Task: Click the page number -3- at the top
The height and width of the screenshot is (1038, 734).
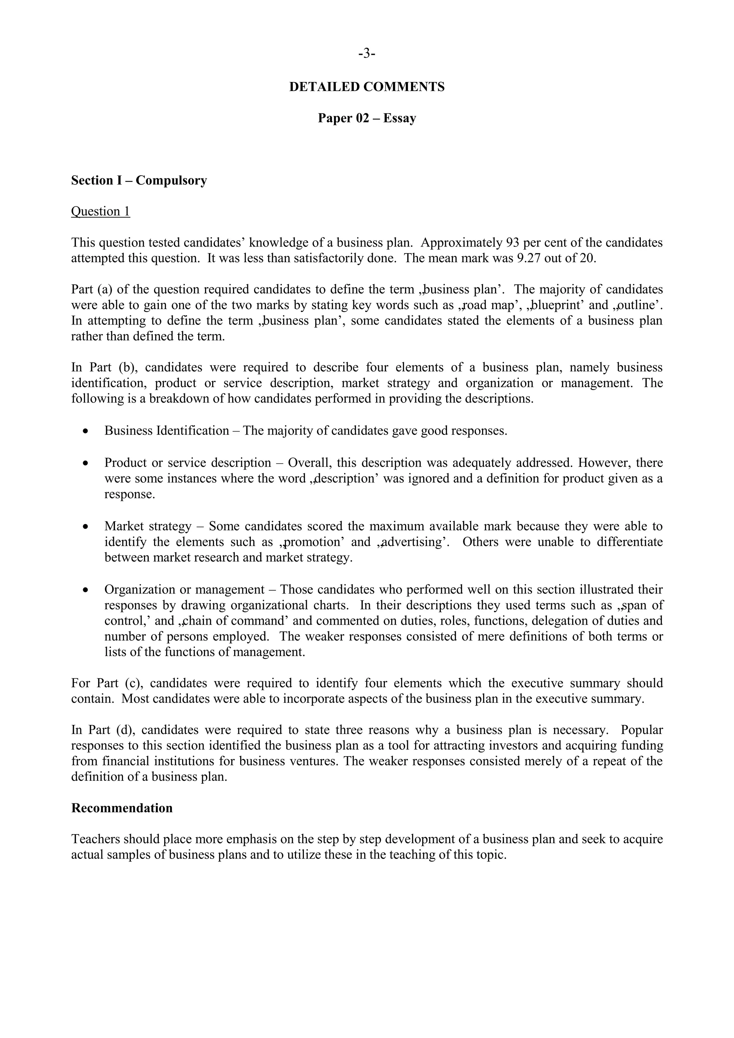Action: (367, 54)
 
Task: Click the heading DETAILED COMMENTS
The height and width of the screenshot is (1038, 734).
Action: (367, 87)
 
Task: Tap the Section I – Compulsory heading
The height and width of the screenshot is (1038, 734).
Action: (139, 181)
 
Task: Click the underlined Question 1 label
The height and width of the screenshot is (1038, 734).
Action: (100, 212)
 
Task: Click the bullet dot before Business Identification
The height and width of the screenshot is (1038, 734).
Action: (85, 431)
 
